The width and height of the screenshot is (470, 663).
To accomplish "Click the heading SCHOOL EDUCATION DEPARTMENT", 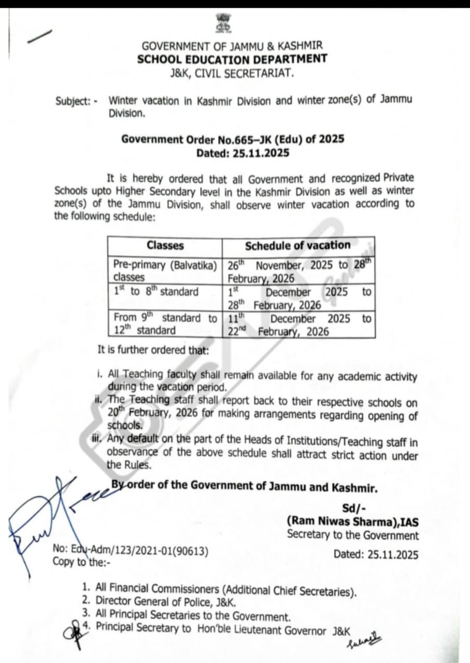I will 232,59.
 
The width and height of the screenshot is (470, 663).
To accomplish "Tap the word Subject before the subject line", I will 73,101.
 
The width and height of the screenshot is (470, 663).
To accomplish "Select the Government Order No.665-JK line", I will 233,139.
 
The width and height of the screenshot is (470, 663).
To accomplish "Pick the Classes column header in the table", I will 165,246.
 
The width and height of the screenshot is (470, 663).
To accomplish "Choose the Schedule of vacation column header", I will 297,246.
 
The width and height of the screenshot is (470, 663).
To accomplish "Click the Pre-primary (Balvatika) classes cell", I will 165,270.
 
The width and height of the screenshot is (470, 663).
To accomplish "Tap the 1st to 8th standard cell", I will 156,292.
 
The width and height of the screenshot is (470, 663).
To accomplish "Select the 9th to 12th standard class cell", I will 165,324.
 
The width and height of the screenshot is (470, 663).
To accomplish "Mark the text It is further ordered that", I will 153,350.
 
